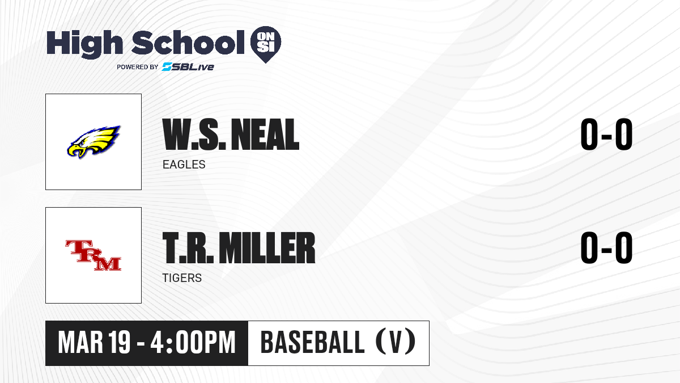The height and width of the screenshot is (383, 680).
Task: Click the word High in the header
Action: pos(84,44)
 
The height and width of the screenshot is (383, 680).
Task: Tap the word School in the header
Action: pos(188,43)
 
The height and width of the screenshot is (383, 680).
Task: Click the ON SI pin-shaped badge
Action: pos(266,44)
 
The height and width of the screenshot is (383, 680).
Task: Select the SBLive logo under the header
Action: pos(188,66)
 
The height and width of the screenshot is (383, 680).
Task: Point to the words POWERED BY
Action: pos(138,67)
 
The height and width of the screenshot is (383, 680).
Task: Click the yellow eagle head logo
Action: pos(94,142)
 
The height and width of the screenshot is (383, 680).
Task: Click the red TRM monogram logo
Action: pos(93,255)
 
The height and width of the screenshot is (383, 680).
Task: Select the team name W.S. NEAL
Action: pos(231,134)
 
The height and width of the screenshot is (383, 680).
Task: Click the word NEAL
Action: pos(265,134)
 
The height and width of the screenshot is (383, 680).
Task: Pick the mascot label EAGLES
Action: pos(184,165)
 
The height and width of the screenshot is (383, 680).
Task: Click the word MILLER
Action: pos(267,247)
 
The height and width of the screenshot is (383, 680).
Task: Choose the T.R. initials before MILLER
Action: pos(188,247)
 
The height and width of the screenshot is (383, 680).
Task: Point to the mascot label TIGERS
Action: pos(182,278)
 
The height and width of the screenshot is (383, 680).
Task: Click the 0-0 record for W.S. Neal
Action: pos(606,134)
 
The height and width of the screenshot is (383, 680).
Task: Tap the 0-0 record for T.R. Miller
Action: pos(606,247)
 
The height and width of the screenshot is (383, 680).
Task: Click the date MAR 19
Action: pos(94,343)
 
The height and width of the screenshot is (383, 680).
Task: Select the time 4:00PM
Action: pos(193,343)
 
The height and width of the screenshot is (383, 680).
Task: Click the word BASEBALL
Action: pos(312,343)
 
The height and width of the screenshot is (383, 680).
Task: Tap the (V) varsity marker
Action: pos(396,342)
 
